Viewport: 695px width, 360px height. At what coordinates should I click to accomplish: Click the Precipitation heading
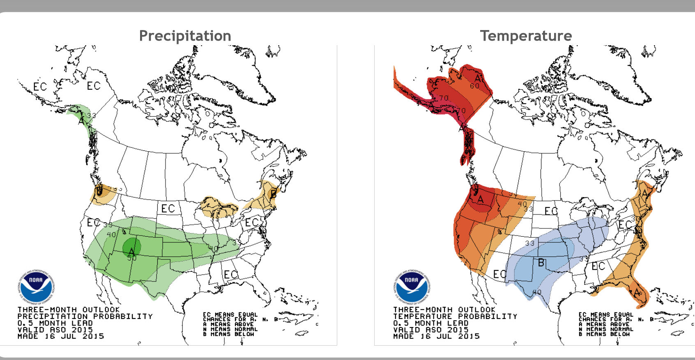[x=185, y=36]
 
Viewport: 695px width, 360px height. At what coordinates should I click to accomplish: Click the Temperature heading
[x=526, y=36]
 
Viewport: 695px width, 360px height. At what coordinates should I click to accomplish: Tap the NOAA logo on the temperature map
[x=412, y=286]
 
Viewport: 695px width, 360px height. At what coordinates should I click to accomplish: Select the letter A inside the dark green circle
[x=131, y=250]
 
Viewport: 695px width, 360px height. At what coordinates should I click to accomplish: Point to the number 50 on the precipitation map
[x=132, y=258]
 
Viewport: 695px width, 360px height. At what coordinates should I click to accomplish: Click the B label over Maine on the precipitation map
[x=273, y=193]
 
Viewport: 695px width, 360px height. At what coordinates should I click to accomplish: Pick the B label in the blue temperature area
[x=541, y=263]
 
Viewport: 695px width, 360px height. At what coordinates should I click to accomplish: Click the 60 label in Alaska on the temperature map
[x=474, y=86]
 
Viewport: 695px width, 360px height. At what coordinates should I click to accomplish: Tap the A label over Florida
[x=637, y=292]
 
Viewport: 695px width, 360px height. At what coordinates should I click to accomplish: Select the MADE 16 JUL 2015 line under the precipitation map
[x=61, y=336]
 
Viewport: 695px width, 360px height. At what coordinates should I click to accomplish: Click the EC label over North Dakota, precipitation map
[x=168, y=208]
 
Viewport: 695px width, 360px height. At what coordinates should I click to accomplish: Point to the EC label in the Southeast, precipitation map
[x=230, y=274]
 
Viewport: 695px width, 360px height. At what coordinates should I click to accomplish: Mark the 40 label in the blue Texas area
[x=537, y=292]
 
